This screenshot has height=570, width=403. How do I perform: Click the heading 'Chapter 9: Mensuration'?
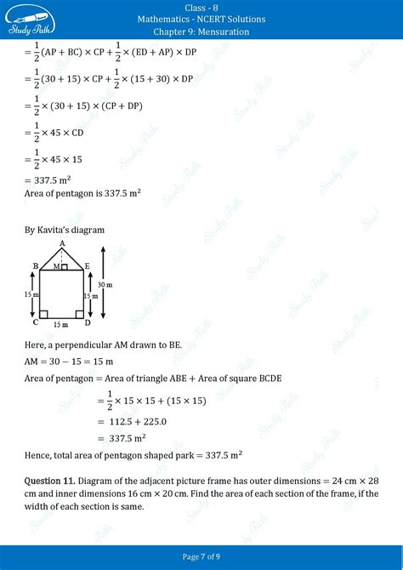[x=201, y=31]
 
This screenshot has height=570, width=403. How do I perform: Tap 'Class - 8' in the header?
[x=201, y=7]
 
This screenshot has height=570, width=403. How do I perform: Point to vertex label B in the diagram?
[x=35, y=266]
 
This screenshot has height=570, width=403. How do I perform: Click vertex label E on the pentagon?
[x=88, y=266]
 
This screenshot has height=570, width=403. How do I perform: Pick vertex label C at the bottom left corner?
[x=34, y=322]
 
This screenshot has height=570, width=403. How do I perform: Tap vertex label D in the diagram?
[x=88, y=323]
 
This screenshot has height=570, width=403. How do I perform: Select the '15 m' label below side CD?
[x=60, y=324]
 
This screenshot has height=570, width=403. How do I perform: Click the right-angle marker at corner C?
[x=43, y=314]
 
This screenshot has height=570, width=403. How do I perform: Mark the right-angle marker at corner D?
[x=79, y=314]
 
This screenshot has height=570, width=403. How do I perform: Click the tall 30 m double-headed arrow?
[x=102, y=285]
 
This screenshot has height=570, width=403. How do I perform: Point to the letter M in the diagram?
[x=55, y=267]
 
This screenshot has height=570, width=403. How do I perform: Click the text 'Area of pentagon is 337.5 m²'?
[x=82, y=193]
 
